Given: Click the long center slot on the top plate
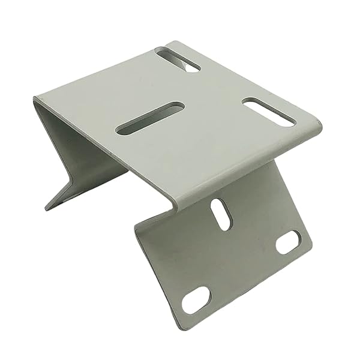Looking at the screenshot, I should (x=150, y=118).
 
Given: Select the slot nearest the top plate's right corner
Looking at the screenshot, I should (x=269, y=112).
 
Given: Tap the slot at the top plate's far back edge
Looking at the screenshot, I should (x=178, y=59).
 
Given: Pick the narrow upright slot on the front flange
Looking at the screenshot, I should (x=220, y=214).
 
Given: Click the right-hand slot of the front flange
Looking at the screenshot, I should (x=288, y=242).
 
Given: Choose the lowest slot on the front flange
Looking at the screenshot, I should (x=196, y=299).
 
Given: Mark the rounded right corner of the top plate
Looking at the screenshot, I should (x=317, y=126).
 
